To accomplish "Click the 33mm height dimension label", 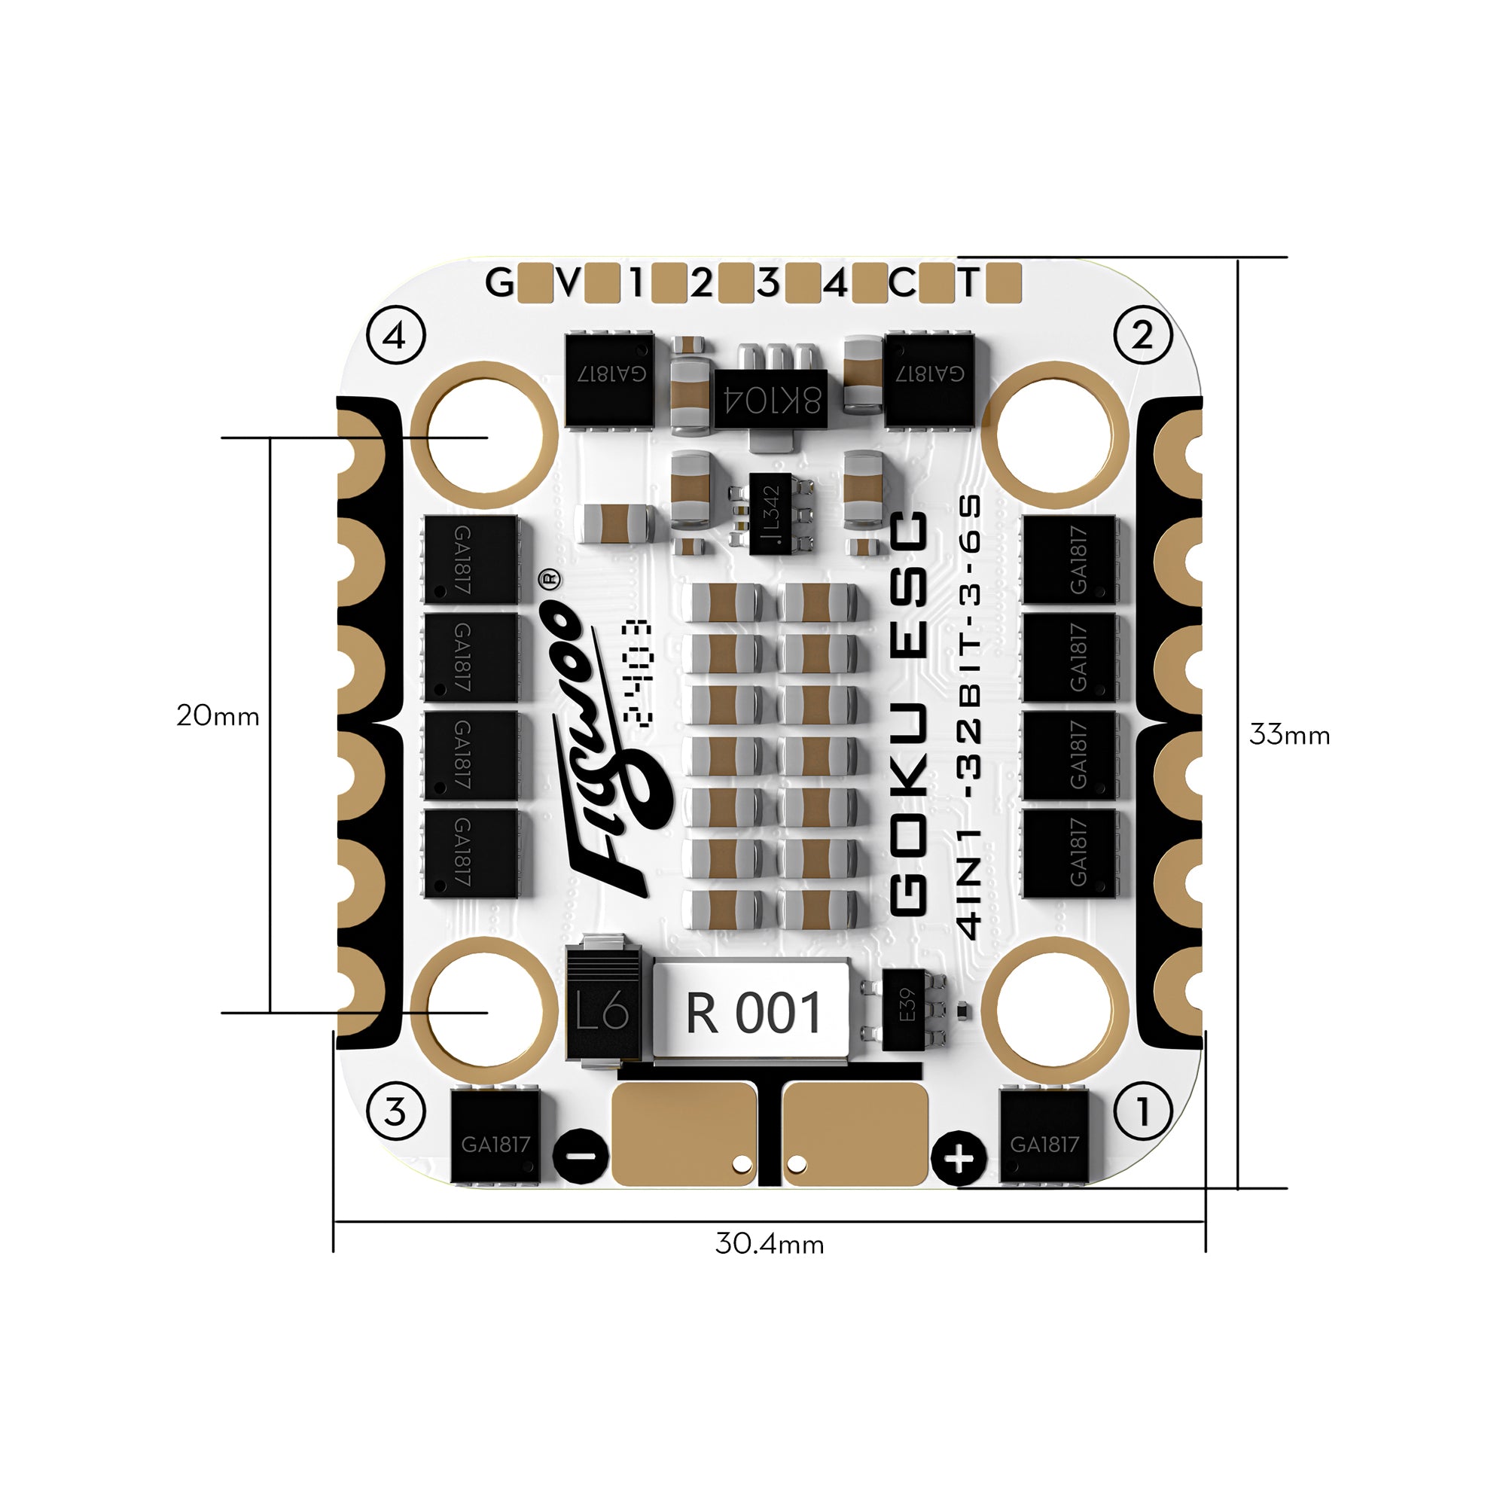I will point(1289,735).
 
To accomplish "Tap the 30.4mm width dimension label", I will point(770,1243).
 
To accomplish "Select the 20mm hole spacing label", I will point(218,715).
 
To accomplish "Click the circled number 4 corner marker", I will point(396,336).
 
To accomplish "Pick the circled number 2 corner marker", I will point(1142,336).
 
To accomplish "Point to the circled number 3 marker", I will point(396,1111).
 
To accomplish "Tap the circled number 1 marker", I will point(1143,1111).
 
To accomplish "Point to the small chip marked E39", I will point(905,1006).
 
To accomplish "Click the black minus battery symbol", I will point(581,1156).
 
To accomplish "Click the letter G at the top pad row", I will point(499,283).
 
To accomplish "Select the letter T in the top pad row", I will point(968,283).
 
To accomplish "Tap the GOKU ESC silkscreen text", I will point(909,713).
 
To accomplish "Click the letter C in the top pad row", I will point(902,283).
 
